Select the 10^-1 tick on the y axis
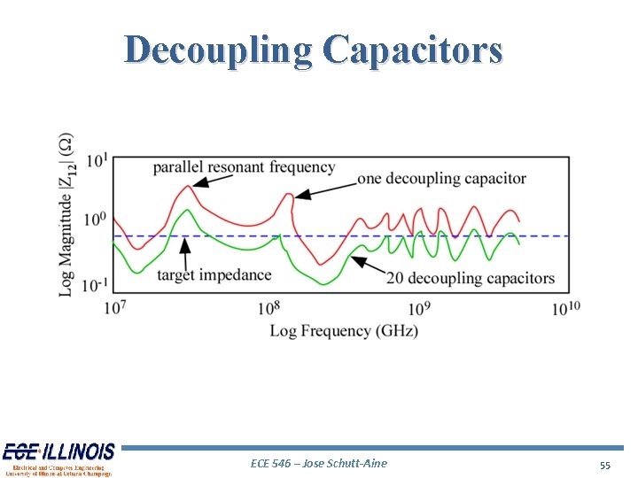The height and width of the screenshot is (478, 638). click(96, 283)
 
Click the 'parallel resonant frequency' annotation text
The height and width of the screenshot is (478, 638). click(244, 166)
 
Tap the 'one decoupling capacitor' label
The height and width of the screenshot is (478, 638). click(441, 179)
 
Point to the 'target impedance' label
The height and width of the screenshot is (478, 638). click(214, 274)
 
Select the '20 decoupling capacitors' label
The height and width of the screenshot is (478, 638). click(470, 278)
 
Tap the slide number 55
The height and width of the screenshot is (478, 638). click(604, 465)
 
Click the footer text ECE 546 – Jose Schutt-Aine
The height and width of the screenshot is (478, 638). click(319, 463)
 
